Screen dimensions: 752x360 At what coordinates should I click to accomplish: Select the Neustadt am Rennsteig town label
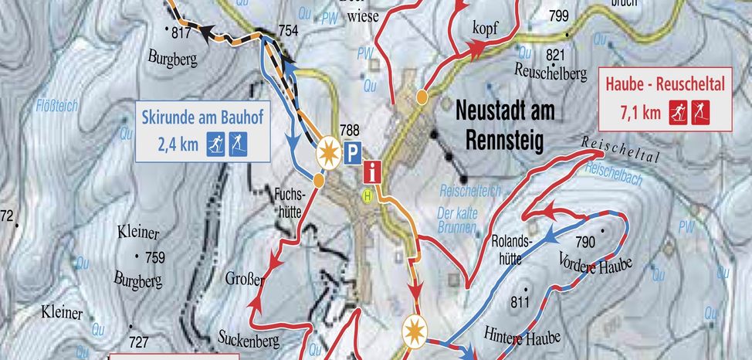[x=505, y=125]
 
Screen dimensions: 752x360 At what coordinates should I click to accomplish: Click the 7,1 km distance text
[x=640, y=114]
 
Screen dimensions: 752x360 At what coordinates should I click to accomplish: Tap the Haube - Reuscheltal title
[x=665, y=85]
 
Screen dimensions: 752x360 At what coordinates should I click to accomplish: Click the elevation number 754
[x=288, y=30]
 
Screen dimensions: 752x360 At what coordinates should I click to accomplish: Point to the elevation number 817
[x=181, y=33]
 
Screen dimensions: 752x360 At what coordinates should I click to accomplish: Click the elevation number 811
[x=520, y=301]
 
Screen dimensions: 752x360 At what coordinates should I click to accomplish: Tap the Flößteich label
[x=57, y=107]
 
